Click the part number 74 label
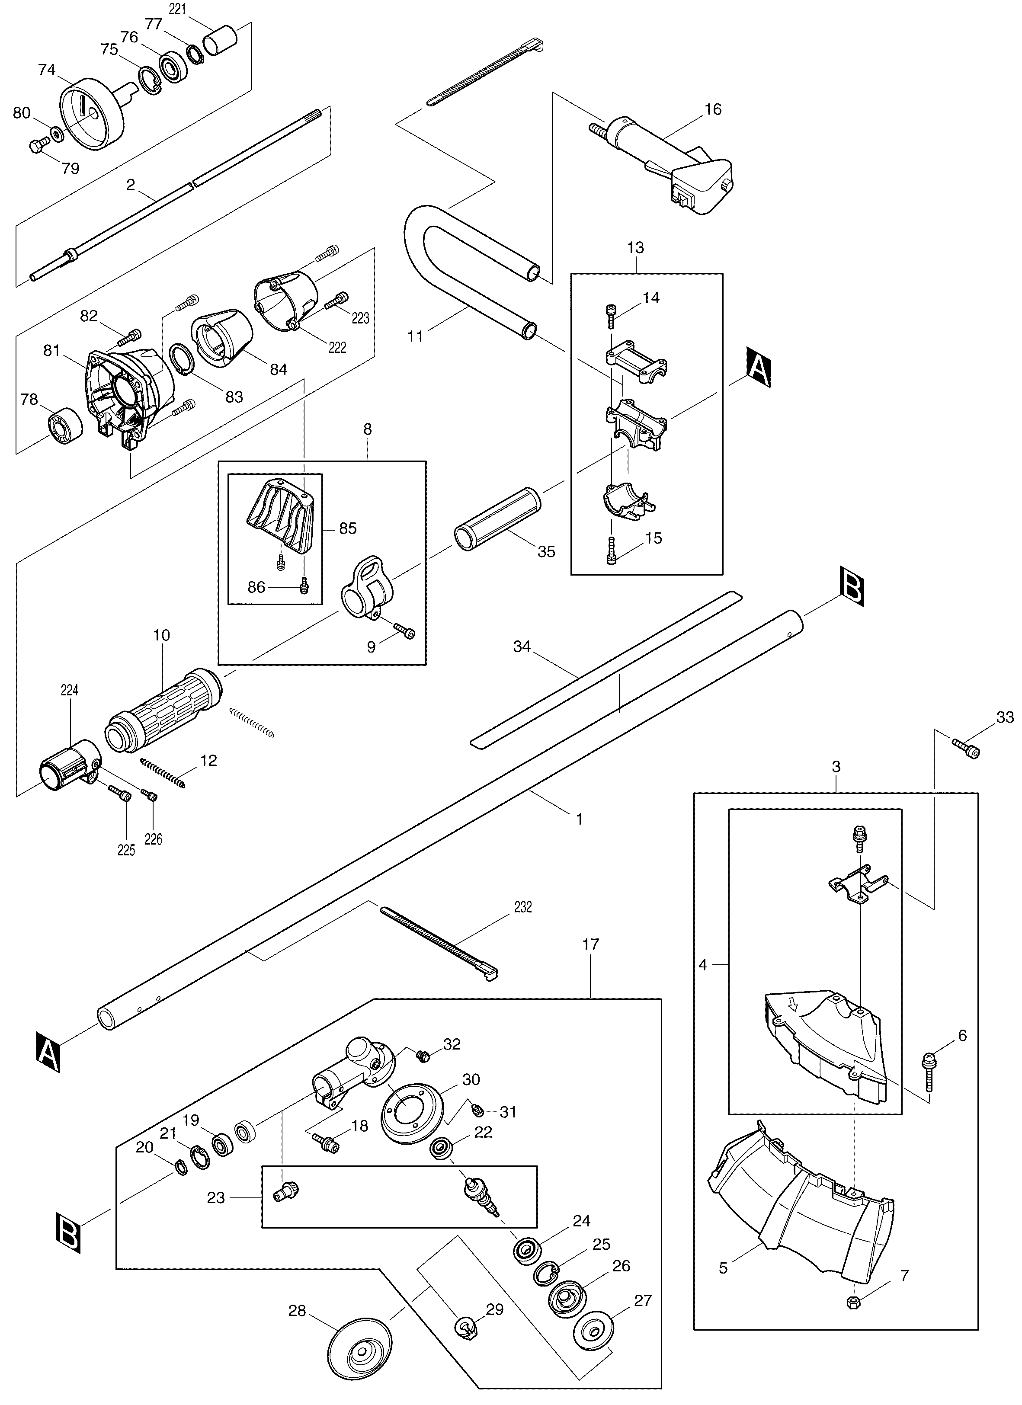tap(47, 70)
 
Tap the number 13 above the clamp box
tap(635, 248)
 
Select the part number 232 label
tap(523, 908)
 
